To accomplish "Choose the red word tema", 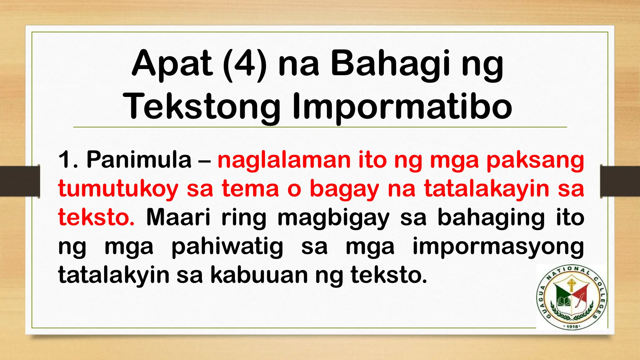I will pos(250,189).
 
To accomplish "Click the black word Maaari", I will pos(178,217).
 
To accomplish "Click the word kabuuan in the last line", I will pos(259,275).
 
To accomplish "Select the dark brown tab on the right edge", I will pos(620,181).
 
